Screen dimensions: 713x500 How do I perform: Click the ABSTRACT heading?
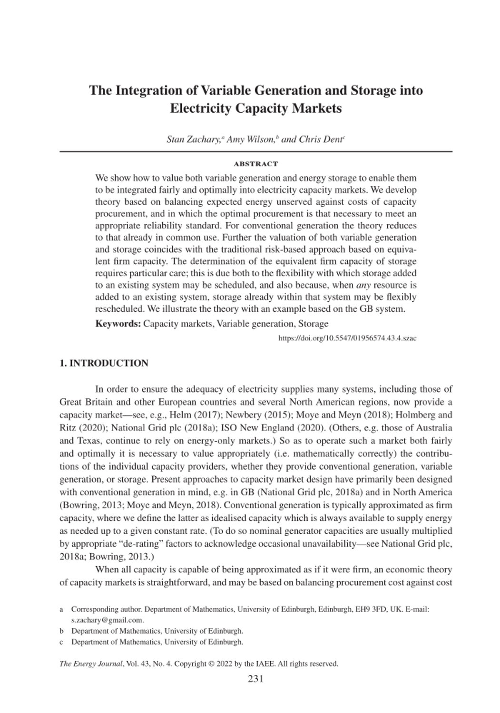click(x=255, y=164)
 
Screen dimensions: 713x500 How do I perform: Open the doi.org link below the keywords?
click(x=347, y=338)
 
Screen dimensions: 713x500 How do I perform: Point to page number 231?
click(x=255, y=679)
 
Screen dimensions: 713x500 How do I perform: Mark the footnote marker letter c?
click(x=61, y=642)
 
